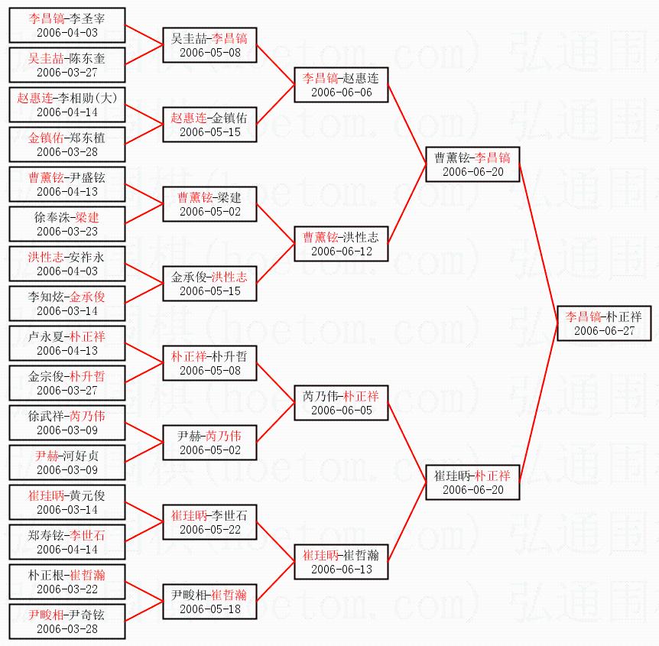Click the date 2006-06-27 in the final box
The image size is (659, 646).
[x=605, y=331]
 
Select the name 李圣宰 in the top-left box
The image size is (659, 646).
[x=87, y=18]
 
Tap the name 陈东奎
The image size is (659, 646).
[x=87, y=58]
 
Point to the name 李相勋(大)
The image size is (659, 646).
[x=87, y=98]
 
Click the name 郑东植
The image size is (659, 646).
[x=87, y=138]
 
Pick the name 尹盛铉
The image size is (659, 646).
[x=87, y=177]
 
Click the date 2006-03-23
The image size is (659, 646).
[x=67, y=232]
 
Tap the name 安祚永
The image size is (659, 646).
[x=86, y=257]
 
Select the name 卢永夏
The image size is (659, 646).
[x=46, y=336]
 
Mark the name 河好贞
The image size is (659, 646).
[x=81, y=456]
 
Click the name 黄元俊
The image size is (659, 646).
[x=87, y=495]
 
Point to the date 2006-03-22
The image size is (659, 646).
[x=67, y=589]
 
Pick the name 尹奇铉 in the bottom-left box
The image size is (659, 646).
[x=87, y=615]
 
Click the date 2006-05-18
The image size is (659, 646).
[x=210, y=609]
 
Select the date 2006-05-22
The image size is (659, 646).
[x=210, y=530]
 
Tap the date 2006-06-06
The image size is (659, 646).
[x=342, y=92]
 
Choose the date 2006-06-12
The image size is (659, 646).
[x=342, y=252]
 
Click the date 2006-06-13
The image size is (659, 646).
[x=342, y=570]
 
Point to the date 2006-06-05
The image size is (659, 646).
[x=342, y=411]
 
